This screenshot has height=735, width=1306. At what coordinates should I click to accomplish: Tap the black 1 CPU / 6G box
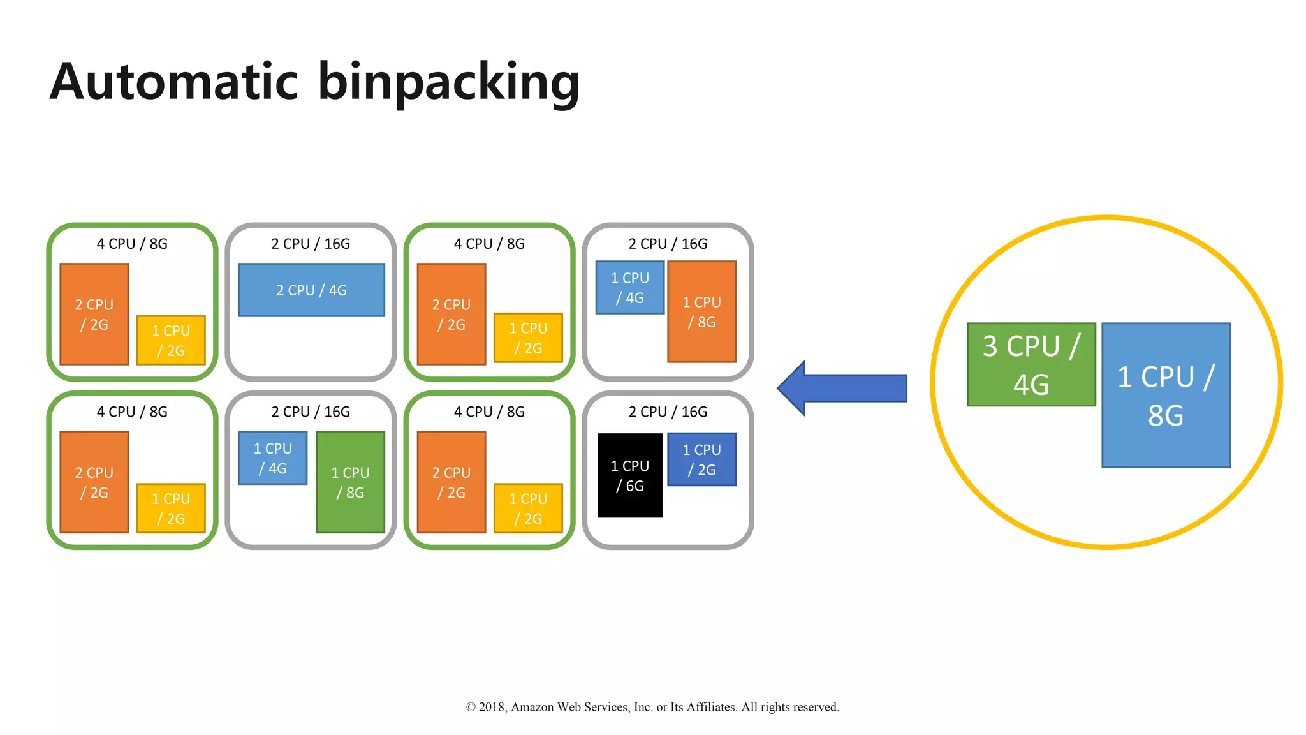(x=629, y=475)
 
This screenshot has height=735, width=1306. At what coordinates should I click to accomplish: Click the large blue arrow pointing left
(x=842, y=388)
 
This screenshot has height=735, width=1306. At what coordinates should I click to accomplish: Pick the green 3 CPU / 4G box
(x=1031, y=364)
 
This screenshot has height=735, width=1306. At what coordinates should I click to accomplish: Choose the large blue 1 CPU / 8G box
(x=1166, y=395)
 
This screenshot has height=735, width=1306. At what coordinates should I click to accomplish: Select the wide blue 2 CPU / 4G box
(x=311, y=290)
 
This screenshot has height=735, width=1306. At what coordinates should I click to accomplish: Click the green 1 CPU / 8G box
(x=350, y=482)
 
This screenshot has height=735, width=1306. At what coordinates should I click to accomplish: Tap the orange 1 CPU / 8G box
(x=701, y=311)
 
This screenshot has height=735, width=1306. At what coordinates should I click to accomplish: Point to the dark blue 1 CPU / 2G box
(x=701, y=459)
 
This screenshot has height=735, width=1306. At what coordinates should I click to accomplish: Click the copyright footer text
(x=652, y=707)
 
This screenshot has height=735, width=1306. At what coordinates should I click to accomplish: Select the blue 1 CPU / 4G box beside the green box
(x=273, y=458)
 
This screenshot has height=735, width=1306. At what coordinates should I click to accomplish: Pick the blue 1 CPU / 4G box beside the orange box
(x=629, y=288)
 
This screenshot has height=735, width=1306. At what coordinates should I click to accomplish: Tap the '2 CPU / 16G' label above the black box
(x=668, y=412)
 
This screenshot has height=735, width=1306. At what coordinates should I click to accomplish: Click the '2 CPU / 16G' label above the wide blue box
(x=311, y=244)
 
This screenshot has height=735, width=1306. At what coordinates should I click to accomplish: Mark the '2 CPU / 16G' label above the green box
(x=311, y=412)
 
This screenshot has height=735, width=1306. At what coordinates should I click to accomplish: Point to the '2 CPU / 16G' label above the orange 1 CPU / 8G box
(x=668, y=244)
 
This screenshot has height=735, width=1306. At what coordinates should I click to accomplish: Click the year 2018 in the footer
(x=492, y=707)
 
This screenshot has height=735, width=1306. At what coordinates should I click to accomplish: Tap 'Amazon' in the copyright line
(x=532, y=707)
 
